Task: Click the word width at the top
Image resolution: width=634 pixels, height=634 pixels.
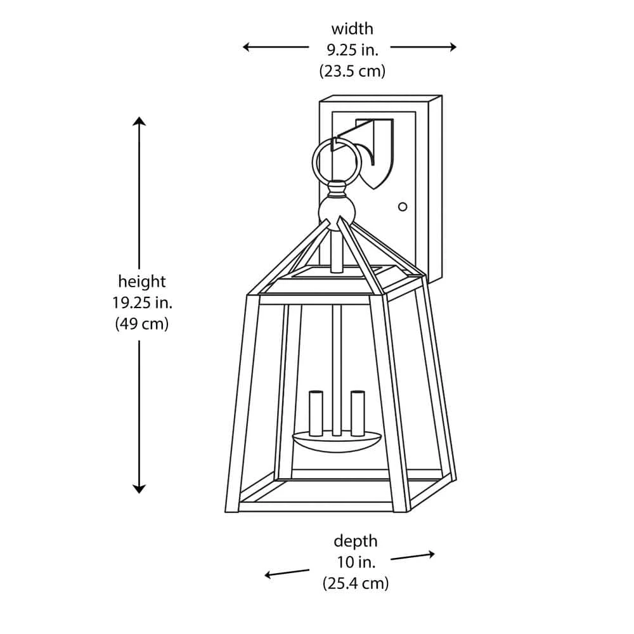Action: click(x=352, y=29)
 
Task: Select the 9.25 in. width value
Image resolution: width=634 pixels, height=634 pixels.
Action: click(x=352, y=50)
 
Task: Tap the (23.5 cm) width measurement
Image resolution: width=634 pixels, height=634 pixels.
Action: click(x=352, y=71)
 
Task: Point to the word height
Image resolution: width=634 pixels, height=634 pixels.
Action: click(x=142, y=281)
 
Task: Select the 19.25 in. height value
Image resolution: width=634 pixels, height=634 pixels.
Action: click(x=142, y=302)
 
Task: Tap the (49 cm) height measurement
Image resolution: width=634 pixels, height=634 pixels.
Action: click(x=142, y=324)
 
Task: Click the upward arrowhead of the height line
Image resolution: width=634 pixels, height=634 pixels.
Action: click(x=139, y=121)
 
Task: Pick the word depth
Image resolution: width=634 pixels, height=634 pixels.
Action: click(x=355, y=541)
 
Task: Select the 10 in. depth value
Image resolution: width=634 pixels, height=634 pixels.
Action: click(x=355, y=562)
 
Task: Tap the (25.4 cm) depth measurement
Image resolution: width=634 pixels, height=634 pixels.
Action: click(x=355, y=583)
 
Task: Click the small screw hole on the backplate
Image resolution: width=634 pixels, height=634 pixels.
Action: click(x=402, y=207)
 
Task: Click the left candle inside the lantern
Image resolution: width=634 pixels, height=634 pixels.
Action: click(x=316, y=413)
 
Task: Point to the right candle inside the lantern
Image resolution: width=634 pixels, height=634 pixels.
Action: click(x=358, y=413)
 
